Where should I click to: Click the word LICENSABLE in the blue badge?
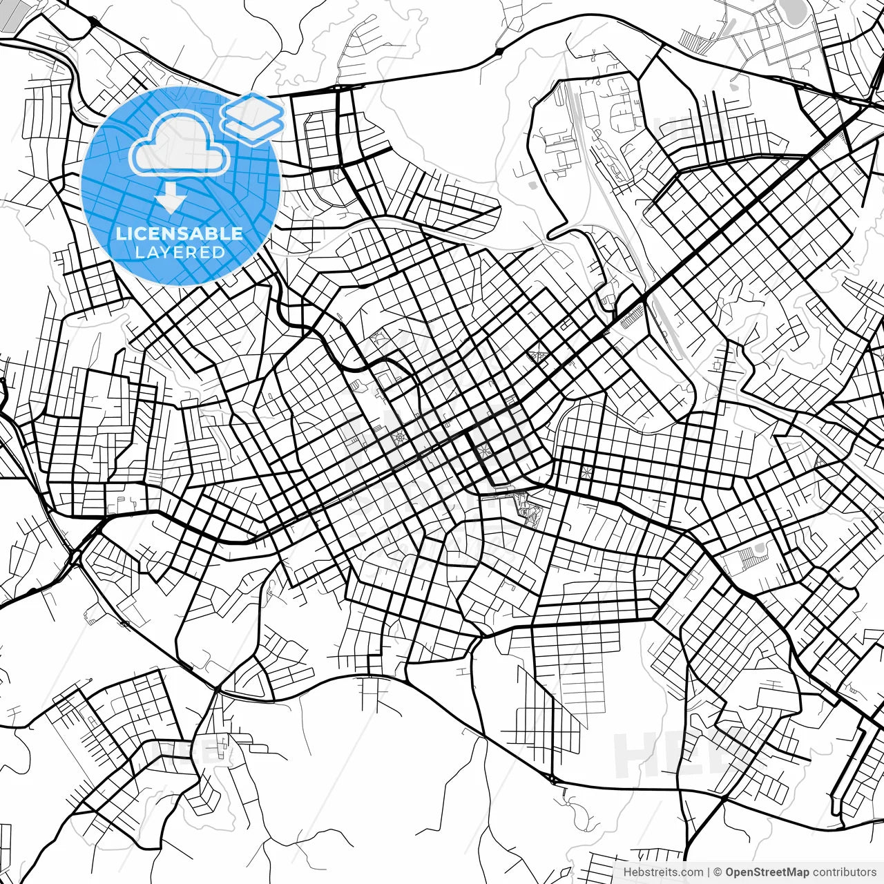(x=180, y=233)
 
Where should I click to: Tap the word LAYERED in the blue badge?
(x=180, y=252)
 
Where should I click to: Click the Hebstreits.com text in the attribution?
(x=663, y=872)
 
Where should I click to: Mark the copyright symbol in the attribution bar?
(x=718, y=872)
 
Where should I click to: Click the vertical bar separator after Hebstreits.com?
(x=709, y=872)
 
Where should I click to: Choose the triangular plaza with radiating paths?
(x=537, y=356)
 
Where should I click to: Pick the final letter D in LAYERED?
(x=219, y=252)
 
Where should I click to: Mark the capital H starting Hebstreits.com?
(x=627, y=872)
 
